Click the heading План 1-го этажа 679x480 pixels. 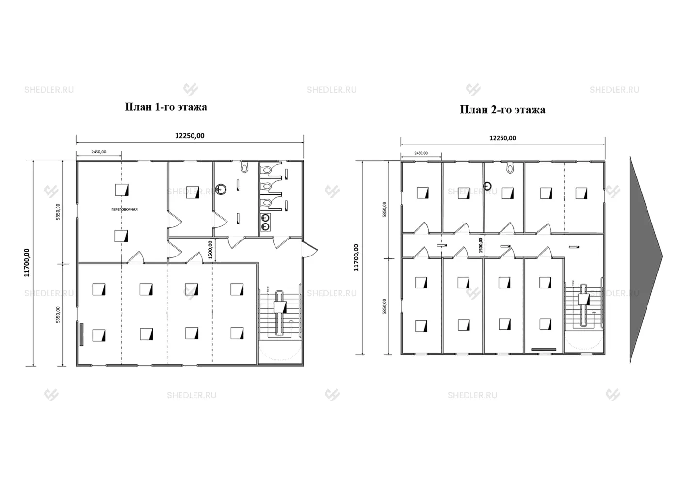click(166, 107)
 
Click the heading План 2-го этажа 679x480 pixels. click(502, 110)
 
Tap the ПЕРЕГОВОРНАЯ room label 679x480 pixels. click(125, 209)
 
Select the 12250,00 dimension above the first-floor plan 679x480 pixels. click(190, 136)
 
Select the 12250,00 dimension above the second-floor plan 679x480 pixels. click(502, 138)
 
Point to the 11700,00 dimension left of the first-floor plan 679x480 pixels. click(27, 263)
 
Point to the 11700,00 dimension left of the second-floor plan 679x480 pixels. click(356, 257)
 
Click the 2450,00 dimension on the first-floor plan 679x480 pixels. click(98, 152)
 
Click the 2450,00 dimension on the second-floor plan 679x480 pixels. click(421, 153)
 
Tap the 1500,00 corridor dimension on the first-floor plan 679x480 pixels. click(210, 250)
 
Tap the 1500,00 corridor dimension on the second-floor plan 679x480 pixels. click(481, 245)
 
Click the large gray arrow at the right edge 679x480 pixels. click(645, 259)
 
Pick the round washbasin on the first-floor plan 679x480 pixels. click(221, 189)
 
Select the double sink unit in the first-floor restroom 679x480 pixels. click(265, 222)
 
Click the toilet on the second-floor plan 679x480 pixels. click(510, 168)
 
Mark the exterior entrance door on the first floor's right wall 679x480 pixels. click(309, 249)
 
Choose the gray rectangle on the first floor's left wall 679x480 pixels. click(81, 334)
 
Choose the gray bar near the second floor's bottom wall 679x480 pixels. click(543, 349)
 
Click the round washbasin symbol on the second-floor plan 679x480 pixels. click(488, 186)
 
